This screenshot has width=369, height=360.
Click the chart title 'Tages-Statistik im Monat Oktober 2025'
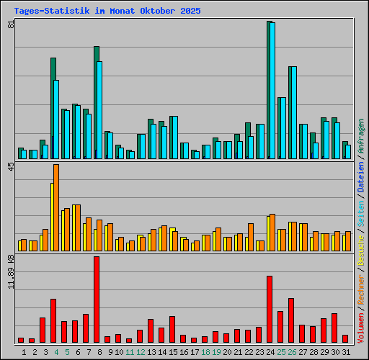107,12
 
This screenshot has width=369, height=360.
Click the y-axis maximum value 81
11,24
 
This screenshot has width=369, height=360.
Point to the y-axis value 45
11,167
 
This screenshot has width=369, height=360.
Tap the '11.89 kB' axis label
11,271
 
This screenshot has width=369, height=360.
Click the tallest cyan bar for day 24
272,90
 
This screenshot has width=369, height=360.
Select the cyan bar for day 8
99,109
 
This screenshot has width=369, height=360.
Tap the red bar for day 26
291,320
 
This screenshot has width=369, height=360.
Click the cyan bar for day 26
293,112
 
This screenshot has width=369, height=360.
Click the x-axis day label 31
346,351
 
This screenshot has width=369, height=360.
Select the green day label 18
205,351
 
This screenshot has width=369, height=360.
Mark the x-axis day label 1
25,351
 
